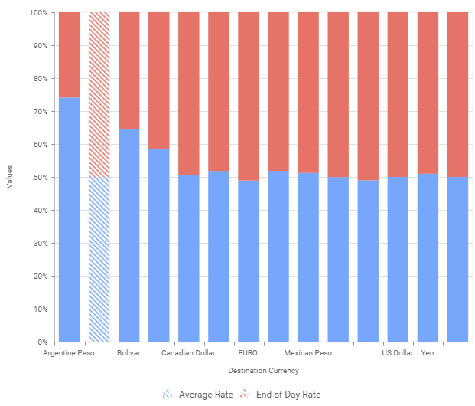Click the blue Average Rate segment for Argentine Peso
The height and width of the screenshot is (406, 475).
(x=69, y=219)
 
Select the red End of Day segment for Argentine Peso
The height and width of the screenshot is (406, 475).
(x=69, y=54)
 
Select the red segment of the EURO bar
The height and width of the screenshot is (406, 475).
(x=248, y=96)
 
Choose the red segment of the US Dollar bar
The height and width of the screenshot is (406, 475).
(x=398, y=95)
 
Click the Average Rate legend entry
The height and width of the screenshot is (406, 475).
(x=197, y=395)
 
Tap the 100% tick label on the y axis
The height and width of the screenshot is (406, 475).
(x=38, y=13)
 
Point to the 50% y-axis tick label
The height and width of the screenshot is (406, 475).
(x=41, y=178)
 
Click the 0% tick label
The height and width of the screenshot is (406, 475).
(x=43, y=342)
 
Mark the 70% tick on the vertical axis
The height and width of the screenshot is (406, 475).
(x=41, y=112)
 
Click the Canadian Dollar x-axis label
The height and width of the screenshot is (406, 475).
(x=188, y=354)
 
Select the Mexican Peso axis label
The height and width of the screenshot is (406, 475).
(x=307, y=354)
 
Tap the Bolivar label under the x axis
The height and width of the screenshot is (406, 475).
(x=129, y=354)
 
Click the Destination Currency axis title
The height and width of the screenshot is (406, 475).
(x=263, y=371)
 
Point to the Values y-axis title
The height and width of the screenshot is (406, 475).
(x=10, y=177)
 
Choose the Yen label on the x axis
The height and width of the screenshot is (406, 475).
(x=428, y=354)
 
